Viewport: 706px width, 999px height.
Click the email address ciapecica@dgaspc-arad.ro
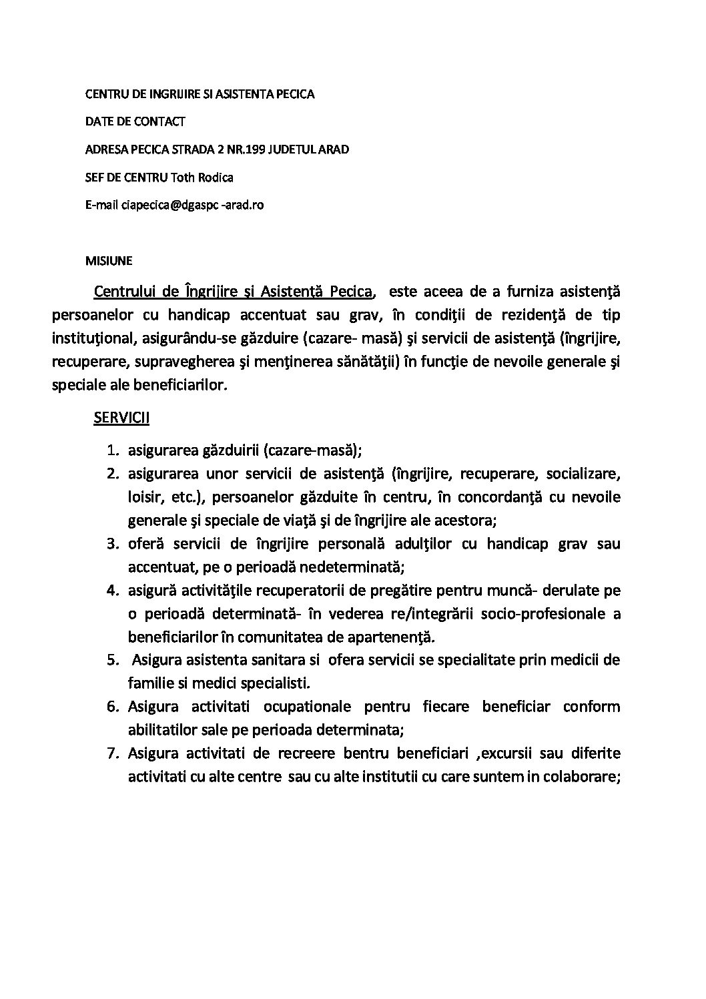tap(193, 205)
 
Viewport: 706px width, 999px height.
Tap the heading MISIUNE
tap(109, 260)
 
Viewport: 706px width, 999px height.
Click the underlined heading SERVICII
tap(121, 418)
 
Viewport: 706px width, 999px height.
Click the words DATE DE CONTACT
tap(135, 121)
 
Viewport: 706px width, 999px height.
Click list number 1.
tap(113, 450)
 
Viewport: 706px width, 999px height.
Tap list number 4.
tap(113, 591)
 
